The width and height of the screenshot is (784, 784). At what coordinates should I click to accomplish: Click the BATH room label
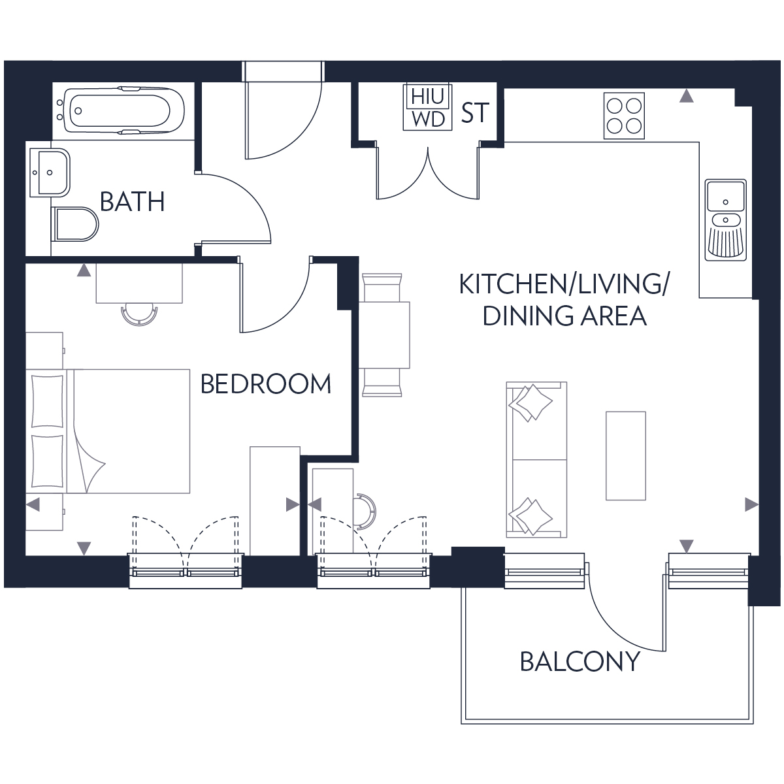point(132,202)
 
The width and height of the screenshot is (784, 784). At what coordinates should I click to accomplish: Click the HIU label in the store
point(428,97)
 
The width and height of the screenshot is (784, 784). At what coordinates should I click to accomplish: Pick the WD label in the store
point(428,118)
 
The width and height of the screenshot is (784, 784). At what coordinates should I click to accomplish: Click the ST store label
point(475,113)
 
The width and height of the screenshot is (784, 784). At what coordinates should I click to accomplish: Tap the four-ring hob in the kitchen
point(623,115)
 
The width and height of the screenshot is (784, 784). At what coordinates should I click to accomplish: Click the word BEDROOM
point(265,384)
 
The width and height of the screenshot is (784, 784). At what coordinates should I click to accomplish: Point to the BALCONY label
point(580,662)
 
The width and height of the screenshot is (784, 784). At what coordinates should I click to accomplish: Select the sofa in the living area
point(536,461)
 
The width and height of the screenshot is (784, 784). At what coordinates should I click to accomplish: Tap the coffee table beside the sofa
point(625,455)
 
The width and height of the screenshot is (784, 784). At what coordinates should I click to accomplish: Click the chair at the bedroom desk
point(139,314)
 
